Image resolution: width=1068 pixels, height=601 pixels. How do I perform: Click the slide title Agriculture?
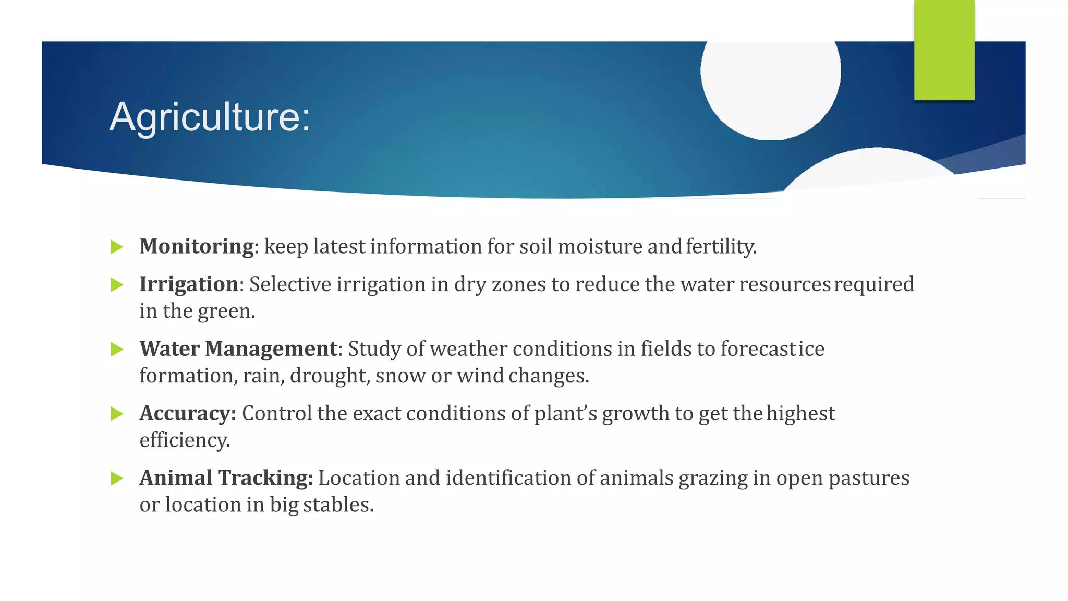210,117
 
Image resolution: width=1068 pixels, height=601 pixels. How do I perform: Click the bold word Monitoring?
197,246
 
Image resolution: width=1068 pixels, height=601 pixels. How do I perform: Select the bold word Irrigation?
189,284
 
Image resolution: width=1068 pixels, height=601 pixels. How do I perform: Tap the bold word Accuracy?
188,414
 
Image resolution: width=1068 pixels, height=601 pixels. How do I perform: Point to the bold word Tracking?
265,478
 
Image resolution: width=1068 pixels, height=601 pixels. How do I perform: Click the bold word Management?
271,349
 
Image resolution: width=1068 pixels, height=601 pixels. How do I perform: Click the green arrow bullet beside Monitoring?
117,247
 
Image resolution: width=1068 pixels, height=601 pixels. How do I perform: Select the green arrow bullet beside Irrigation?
117,285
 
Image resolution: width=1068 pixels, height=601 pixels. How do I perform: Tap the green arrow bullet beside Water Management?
117,350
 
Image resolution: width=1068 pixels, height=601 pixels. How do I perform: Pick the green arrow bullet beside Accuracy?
117,414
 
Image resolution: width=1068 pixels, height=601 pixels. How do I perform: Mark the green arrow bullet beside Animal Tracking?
117,478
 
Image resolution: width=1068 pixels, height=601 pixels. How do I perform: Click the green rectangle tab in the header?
944,50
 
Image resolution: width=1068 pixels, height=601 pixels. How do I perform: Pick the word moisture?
600,247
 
